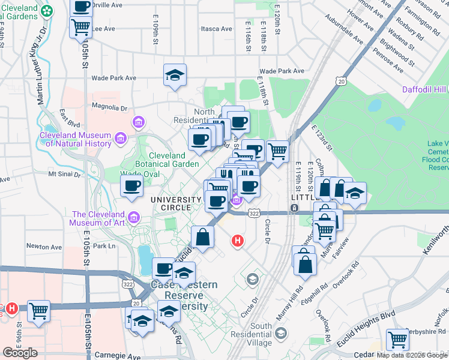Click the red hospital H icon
tap(238, 241)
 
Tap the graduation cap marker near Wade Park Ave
tap(175, 75)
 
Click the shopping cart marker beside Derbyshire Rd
tap(397, 339)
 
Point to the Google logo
tap(20, 353)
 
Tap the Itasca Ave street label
tap(217, 28)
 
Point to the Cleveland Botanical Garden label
tap(174, 159)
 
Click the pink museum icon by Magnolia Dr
tap(139, 123)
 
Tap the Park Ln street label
tap(103, 246)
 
